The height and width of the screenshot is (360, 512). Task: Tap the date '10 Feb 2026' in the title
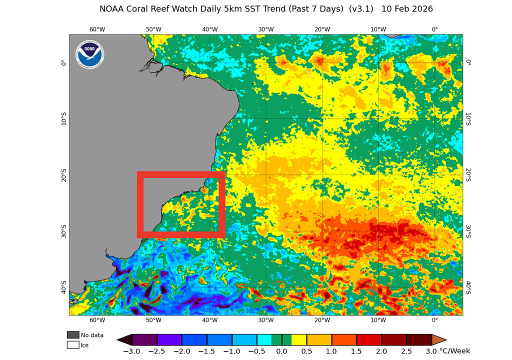pyautogui.click(x=407, y=9)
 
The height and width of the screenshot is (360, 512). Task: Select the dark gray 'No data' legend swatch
pyautogui.click(x=73, y=335)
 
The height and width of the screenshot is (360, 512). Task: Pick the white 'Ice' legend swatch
pyautogui.click(x=73, y=345)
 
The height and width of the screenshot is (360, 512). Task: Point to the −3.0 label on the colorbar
pyautogui.click(x=131, y=351)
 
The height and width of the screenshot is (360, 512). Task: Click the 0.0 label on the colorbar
pyautogui.click(x=282, y=351)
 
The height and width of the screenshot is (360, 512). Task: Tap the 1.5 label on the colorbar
pyautogui.click(x=356, y=351)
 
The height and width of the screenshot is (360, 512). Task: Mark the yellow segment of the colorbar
pyautogui.click(x=299, y=340)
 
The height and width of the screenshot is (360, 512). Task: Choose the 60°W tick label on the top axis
pyautogui.click(x=97, y=29)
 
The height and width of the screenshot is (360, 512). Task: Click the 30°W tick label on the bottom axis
pyautogui.click(x=265, y=320)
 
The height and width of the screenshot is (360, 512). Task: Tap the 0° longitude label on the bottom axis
pyautogui.click(x=434, y=320)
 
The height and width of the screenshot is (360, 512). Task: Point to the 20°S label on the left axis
pyautogui.click(x=63, y=175)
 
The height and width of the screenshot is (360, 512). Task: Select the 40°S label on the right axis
pyautogui.click(x=468, y=287)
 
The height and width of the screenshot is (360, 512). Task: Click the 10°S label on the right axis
pyautogui.click(x=468, y=118)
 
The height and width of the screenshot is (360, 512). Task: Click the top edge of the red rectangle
pyautogui.click(x=181, y=174)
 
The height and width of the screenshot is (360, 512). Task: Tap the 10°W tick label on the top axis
pyautogui.click(x=378, y=29)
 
